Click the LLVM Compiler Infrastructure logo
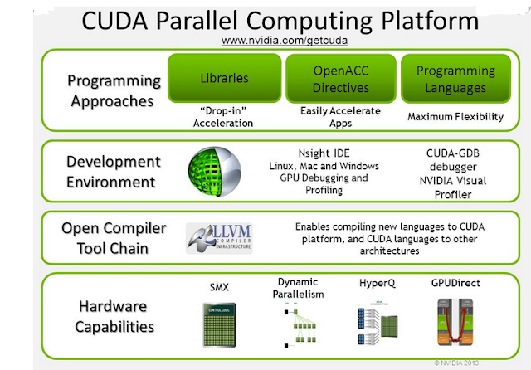click(219, 236)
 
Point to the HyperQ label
click(377, 284)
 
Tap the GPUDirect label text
click(456, 284)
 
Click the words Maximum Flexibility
click(455, 117)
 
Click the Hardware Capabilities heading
click(114, 316)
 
